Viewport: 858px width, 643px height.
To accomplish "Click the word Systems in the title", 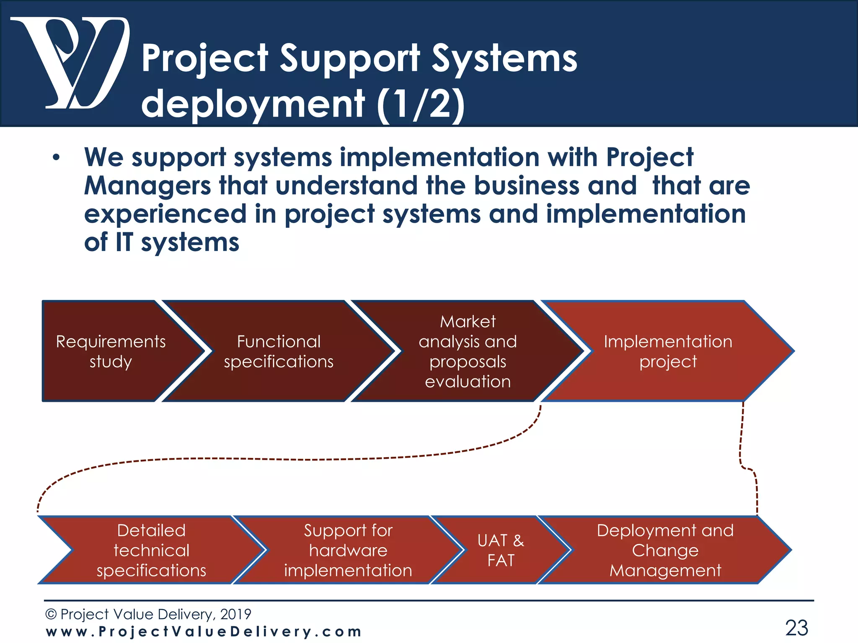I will tap(504, 59).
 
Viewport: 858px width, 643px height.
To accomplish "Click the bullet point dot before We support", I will tap(56, 158).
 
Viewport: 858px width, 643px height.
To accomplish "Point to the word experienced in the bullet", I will tap(165, 214).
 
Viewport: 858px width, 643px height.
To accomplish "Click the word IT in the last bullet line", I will tap(124, 243).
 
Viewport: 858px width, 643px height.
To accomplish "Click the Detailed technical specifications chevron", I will tap(151, 550).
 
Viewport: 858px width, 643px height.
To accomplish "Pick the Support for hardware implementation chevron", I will tap(348, 550).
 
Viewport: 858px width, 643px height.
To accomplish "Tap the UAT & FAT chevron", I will tap(500, 550).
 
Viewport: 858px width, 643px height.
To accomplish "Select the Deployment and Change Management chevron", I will tap(665, 550).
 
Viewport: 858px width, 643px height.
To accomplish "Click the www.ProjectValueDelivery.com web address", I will tap(204, 632).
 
